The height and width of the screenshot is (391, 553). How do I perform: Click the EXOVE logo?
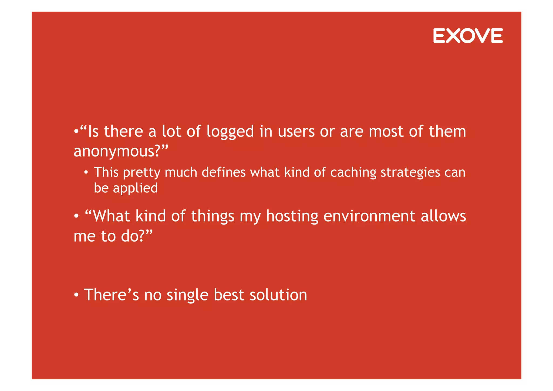[468, 36]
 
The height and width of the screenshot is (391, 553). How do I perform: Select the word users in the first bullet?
[296, 131]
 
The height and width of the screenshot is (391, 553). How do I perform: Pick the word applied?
[135, 188]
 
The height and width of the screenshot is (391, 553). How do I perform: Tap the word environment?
[369, 216]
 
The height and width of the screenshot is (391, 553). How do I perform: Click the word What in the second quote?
[111, 216]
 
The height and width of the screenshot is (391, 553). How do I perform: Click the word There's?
[111, 295]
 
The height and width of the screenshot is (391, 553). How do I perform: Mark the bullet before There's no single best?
[76, 295]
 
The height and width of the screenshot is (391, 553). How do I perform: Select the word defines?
[224, 172]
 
